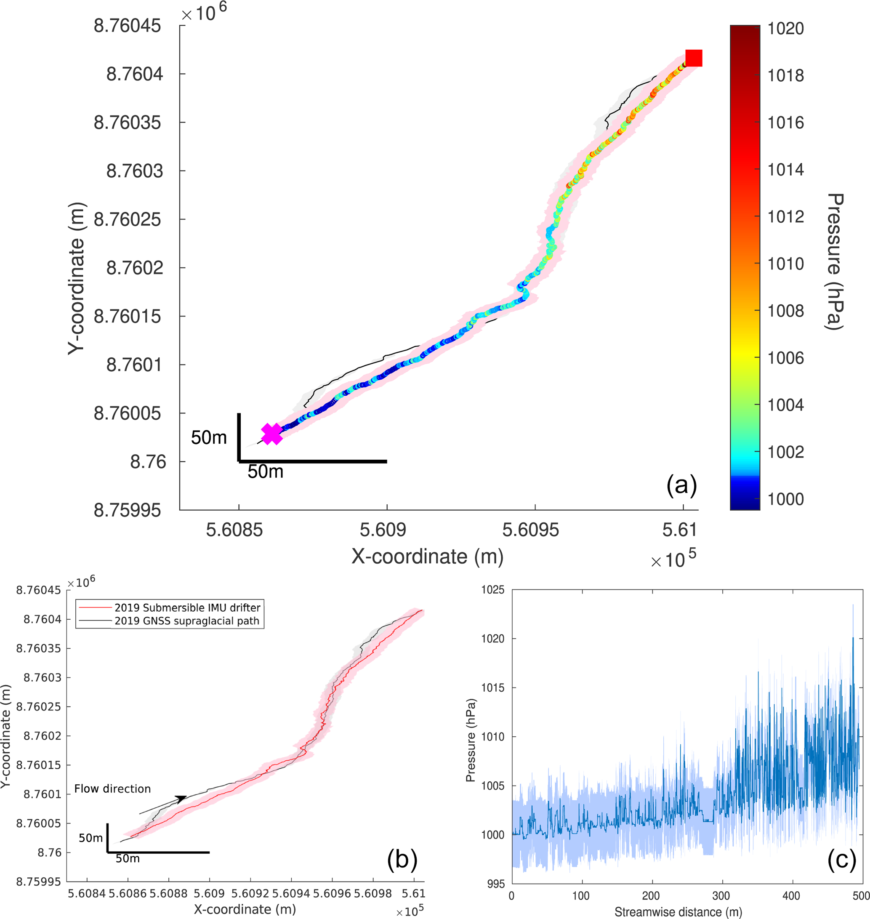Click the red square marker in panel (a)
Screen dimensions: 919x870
(693, 58)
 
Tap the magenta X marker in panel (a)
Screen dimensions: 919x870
(272, 434)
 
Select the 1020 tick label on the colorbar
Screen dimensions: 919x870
(785, 29)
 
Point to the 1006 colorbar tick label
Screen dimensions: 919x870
(785, 358)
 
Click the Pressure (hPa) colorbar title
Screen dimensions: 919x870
(834, 262)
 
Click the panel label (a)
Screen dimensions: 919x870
(681, 486)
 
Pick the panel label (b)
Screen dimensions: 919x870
(402, 859)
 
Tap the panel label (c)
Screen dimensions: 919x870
(841, 860)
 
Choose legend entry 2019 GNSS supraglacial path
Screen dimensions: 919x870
(187, 621)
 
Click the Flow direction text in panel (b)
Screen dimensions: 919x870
(113, 788)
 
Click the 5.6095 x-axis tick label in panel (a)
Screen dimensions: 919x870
(530, 530)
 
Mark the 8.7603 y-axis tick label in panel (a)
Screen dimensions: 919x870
(135, 171)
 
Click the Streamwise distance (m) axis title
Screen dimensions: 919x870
(678, 911)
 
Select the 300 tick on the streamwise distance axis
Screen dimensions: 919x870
(721, 895)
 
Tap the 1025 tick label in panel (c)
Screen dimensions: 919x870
(492, 590)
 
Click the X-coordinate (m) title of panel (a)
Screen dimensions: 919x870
(427, 556)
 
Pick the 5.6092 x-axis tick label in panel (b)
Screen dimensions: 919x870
(250, 893)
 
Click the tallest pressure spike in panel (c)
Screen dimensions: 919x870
(852, 605)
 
